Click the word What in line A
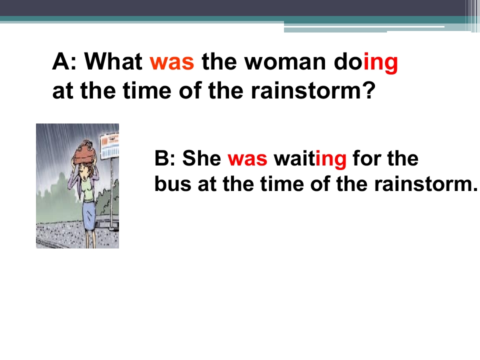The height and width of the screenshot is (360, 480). [x=113, y=61]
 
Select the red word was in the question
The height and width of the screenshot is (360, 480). [x=171, y=62]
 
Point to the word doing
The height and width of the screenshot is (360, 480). [x=366, y=63]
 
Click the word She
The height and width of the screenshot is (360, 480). [x=201, y=158]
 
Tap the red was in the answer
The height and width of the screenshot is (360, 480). [x=247, y=159]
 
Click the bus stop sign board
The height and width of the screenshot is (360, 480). [x=109, y=145]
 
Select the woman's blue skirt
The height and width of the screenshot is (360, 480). [x=89, y=215]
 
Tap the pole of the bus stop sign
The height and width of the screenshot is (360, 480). [x=112, y=193]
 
